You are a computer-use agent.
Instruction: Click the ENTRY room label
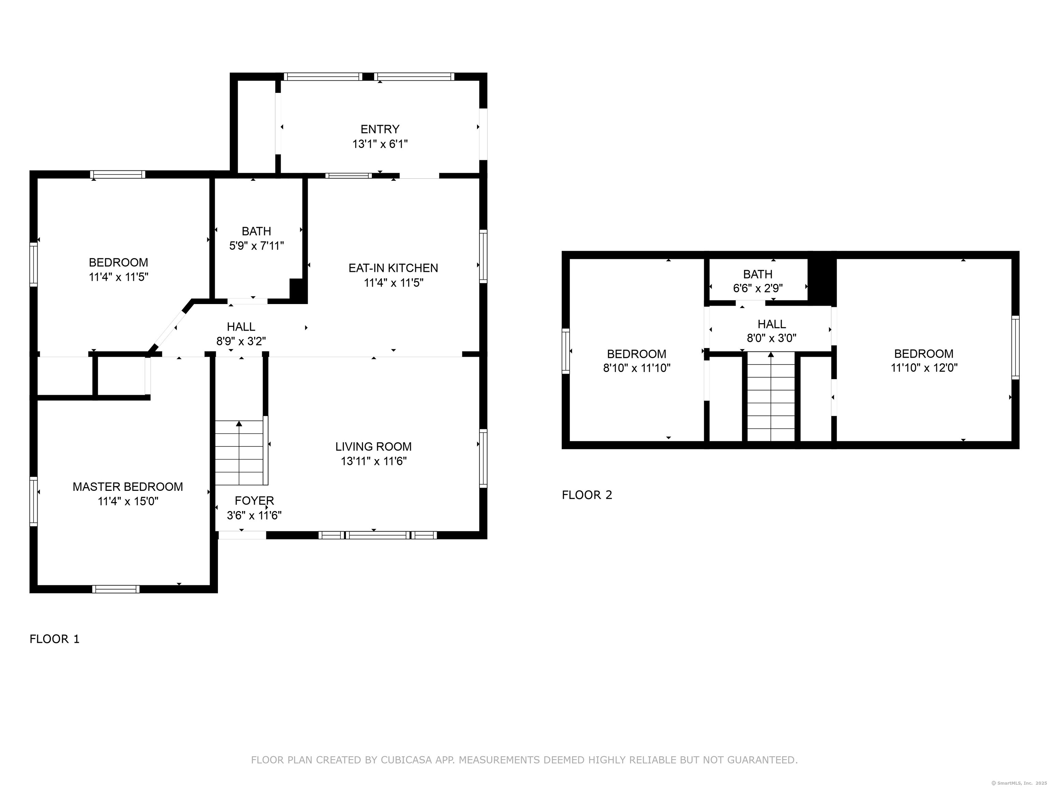(380, 129)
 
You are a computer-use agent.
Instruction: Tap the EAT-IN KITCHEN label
(393, 268)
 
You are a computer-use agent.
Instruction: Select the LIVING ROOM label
(373, 446)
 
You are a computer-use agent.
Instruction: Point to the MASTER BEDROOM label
(128, 487)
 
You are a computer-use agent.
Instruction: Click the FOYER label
(254, 500)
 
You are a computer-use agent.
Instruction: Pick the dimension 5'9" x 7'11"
(256, 246)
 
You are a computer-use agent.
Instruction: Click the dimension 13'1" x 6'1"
(380, 144)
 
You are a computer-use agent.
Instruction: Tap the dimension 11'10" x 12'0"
(924, 368)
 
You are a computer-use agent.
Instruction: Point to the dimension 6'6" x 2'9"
(758, 288)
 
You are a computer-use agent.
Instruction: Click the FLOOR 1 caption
(55, 639)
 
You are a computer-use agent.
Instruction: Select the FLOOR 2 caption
(587, 495)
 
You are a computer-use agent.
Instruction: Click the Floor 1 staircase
(239, 453)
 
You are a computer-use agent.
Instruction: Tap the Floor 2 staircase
(771, 397)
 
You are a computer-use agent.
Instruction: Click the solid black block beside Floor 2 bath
(822, 282)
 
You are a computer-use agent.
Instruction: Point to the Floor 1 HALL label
(241, 326)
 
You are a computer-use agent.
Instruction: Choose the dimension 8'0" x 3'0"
(772, 338)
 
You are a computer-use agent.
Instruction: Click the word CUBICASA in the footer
(406, 760)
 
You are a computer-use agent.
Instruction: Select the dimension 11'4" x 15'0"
(128, 501)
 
